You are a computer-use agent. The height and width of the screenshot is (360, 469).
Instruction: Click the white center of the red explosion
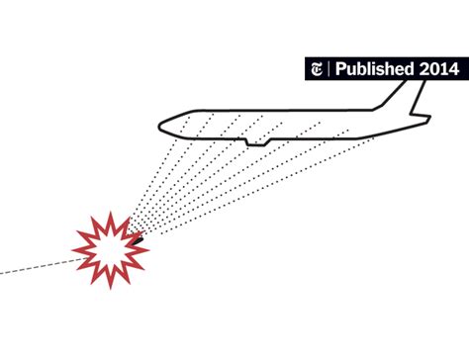tap(110, 244)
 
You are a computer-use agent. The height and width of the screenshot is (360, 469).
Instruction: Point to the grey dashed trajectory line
tap(40, 264)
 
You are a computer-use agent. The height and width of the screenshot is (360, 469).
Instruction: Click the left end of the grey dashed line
tap(3, 271)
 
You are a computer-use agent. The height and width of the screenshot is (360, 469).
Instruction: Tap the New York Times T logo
tap(317, 68)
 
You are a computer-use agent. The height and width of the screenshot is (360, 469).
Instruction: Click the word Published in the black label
tap(374, 68)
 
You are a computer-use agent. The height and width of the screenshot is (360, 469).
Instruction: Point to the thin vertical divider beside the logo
tap(328, 68)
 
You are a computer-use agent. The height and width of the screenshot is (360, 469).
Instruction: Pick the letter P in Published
tap(339, 68)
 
